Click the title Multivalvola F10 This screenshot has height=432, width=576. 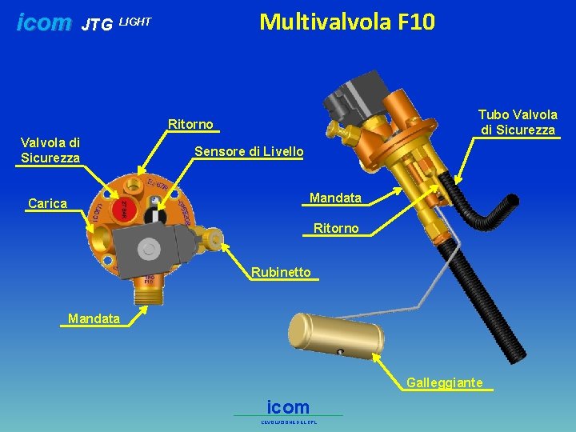pyautogui.click(x=347, y=22)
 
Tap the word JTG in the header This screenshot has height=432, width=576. pyautogui.click(x=97, y=26)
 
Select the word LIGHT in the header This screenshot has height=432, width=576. pyautogui.click(x=134, y=22)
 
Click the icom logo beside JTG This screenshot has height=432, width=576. pyautogui.click(x=44, y=23)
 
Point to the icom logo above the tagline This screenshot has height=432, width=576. pyautogui.click(x=288, y=406)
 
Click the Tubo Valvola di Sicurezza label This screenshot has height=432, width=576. pyautogui.click(x=518, y=122)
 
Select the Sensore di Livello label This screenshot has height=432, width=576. pyautogui.click(x=249, y=151)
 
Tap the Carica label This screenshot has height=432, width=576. pyautogui.click(x=47, y=203)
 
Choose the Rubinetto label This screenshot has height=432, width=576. pyautogui.click(x=281, y=272)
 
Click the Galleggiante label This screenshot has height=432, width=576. pyautogui.click(x=444, y=382)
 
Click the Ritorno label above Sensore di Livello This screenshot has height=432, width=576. pyautogui.click(x=190, y=124)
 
